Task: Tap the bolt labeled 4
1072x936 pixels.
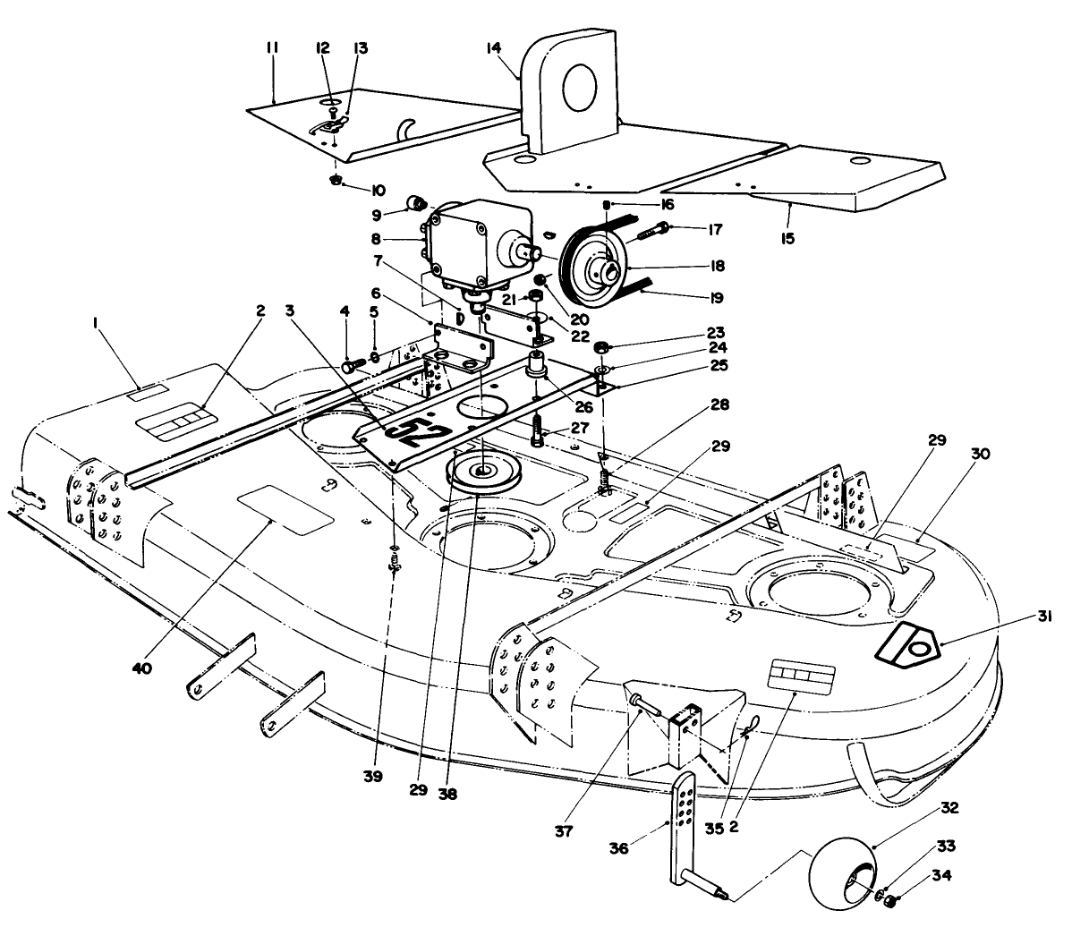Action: point(350,366)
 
